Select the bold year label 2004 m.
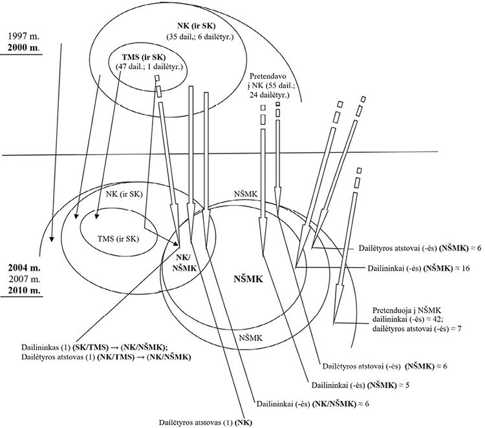21,267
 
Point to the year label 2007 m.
21,278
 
